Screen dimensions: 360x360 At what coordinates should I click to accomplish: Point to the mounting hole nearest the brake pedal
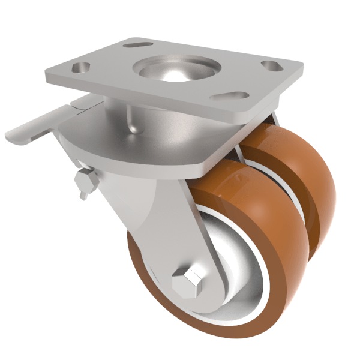tap(80, 68)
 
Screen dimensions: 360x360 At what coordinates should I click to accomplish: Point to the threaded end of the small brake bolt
tap(83, 193)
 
